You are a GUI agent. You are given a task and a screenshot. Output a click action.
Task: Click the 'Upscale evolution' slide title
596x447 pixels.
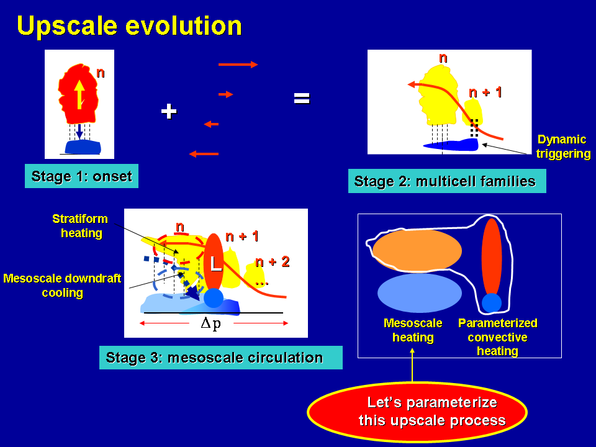[129, 27]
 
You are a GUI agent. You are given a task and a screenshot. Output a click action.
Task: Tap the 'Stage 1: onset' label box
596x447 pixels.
[81, 176]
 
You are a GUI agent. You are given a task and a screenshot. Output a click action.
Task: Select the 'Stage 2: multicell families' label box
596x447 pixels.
[447, 181]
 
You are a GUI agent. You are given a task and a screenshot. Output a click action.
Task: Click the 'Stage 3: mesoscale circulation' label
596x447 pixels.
[221, 358]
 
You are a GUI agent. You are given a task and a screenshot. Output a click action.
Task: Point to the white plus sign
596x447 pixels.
[169, 111]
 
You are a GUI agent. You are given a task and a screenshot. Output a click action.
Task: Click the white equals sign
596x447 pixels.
[302, 99]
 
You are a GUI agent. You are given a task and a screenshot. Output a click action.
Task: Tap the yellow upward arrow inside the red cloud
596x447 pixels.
[79, 94]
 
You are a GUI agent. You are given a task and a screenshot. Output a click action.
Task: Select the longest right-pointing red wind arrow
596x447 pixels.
[238, 65]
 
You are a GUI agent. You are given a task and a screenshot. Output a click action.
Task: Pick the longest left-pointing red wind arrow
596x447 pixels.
[204, 154]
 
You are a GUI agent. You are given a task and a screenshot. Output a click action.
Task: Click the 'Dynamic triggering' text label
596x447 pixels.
[563, 147]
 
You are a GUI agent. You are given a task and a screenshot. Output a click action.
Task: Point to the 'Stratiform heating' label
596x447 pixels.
[80, 226]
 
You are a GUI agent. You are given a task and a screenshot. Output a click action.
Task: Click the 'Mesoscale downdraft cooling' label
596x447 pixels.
[62, 286]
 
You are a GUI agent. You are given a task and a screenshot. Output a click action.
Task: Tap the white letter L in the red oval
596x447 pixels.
[215, 263]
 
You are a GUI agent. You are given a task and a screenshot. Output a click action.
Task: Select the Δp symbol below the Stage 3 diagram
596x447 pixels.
[210, 323]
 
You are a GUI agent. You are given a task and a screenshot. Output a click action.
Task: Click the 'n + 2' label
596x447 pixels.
[273, 261]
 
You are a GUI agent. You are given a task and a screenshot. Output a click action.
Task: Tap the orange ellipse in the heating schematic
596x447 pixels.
[417, 250]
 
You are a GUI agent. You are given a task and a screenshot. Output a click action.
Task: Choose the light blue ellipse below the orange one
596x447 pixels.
[420, 293]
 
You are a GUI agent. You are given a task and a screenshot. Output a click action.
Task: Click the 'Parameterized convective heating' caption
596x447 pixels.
[497, 337]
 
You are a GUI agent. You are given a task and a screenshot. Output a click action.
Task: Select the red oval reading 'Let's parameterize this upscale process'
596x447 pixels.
[417, 412]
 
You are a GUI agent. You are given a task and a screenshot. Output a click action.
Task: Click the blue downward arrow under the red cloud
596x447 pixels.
[79, 132]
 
